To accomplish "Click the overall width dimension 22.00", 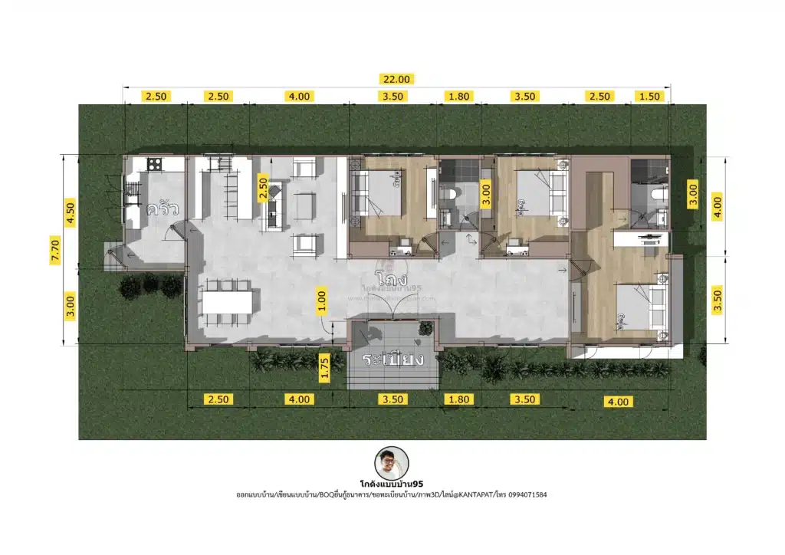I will coord(398,78).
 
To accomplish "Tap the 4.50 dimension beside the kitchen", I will coord(70,212).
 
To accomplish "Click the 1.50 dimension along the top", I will coord(649,96).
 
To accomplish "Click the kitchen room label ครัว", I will coord(163,209).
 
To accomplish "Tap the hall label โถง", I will coord(391,274).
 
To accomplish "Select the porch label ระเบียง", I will coord(393,360).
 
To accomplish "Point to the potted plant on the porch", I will coord(424,329).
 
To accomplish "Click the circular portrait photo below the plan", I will coord(392,465).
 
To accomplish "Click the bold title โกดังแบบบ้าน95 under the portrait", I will coord(392,484).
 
